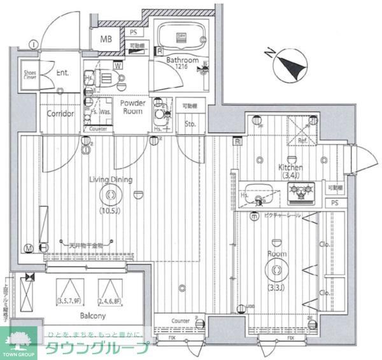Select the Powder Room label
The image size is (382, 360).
pos(132,107)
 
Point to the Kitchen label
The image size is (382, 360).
pos(290,167)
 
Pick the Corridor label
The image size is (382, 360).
pos(60,114)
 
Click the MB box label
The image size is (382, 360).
pos(106,38)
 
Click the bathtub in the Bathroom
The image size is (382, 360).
pos(181,36)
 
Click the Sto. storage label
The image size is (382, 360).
pos(190,123)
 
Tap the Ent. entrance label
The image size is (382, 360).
pos(62,73)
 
